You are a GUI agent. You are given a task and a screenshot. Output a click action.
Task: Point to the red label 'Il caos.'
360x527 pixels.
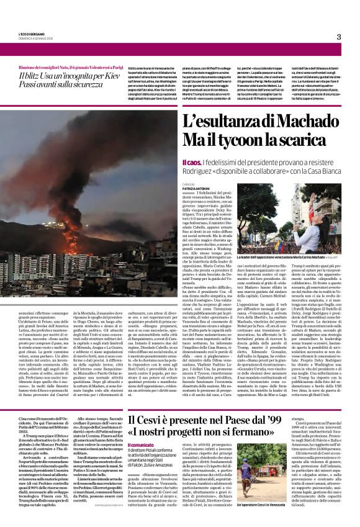tap(191, 161)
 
